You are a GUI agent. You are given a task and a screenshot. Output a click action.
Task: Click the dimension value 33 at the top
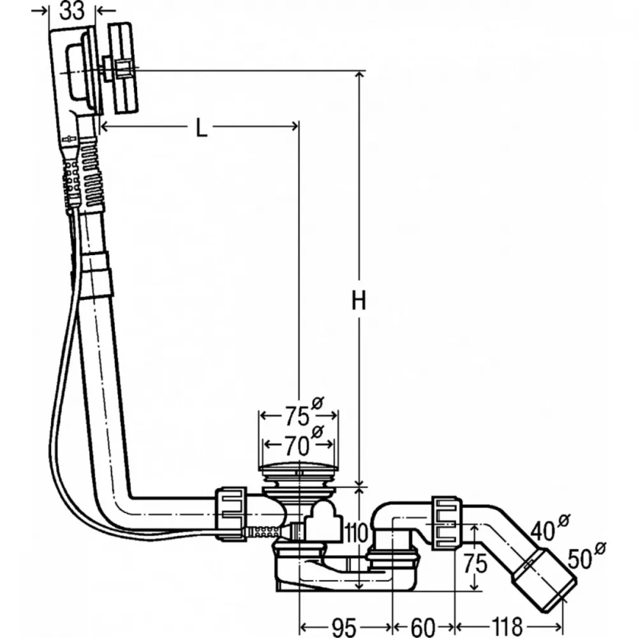tap(72, 11)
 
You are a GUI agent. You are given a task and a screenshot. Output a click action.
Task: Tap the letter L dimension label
tap(202, 128)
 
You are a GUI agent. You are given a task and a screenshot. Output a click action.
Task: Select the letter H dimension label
tap(359, 301)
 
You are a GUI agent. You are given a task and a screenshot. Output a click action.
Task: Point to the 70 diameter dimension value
tap(297, 446)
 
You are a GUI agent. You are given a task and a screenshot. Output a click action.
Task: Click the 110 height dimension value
tap(356, 533)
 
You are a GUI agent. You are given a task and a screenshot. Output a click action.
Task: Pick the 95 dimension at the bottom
tap(345, 627)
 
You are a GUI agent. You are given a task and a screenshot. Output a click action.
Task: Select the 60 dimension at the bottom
tap(423, 627)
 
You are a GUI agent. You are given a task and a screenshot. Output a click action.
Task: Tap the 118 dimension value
tap(507, 627)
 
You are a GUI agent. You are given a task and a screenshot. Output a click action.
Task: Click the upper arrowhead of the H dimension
tap(359, 76)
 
